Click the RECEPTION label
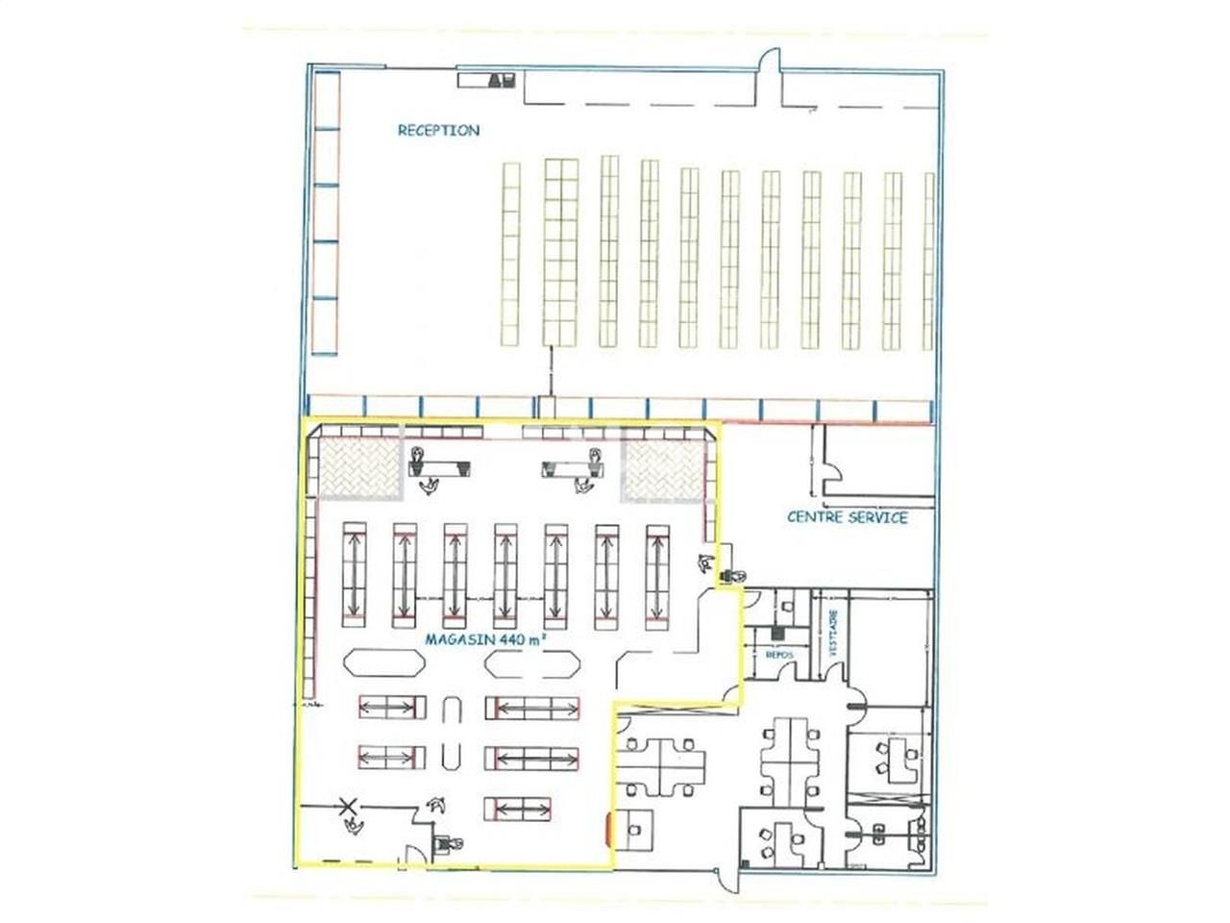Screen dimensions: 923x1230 [438, 130]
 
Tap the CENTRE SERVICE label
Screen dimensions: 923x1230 [848, 517]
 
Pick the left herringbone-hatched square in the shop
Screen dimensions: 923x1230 [359, 469]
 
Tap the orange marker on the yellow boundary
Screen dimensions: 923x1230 [608, 825]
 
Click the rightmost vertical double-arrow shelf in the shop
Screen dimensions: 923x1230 [658, 574]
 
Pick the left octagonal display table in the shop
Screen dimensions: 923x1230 [383, 663]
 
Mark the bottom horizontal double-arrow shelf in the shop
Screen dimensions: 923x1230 [519, 808]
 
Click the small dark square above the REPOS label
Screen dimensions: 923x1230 [776, 634]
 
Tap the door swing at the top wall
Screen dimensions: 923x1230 [769, 66]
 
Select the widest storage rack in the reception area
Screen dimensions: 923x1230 [561, 252]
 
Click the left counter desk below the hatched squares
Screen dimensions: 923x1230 [439, 468]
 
